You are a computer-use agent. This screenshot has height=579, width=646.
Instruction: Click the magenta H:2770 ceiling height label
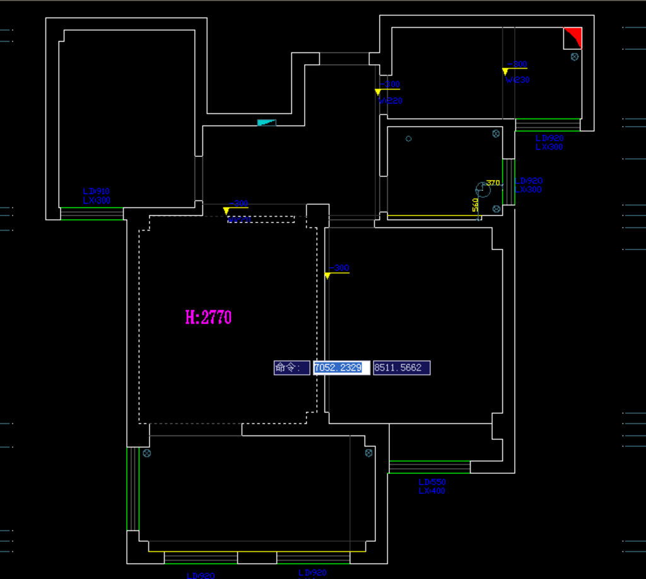click(x=208, y=317)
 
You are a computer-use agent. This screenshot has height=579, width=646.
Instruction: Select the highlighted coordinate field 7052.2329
click(x=341, y=368)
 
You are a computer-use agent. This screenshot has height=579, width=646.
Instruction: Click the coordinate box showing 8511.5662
click(x=401, y=368)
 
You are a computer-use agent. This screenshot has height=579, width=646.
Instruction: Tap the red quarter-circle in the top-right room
click(x=574, y=36)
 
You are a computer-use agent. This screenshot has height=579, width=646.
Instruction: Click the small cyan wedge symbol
click(x=267, y=122)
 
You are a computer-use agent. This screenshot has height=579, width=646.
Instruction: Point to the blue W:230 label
click(x=517, y=80)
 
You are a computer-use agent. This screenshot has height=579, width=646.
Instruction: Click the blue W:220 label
click(x=391, y=100)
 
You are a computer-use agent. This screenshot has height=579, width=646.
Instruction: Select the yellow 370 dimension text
click(x=493, y=183)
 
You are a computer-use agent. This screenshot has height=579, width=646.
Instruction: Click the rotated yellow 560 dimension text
click(x=476, y=205)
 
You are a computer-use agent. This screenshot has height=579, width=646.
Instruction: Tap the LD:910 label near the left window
click(x=96, y=191)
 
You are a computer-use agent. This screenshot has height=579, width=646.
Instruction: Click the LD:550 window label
click(x=432, y=482)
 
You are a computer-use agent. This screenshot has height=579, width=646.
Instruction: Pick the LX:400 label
click(x=432, y=491)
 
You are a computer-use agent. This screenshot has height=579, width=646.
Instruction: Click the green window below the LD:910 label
click(x=91, y=214)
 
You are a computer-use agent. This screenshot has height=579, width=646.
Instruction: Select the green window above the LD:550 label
click(x=429, y=467)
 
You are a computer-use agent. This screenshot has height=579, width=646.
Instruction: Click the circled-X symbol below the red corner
click(x=575, y=57)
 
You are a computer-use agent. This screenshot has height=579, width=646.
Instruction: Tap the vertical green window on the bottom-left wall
click(x=132, y=488)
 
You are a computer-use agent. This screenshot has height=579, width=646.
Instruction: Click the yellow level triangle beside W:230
click(x=506, y=72)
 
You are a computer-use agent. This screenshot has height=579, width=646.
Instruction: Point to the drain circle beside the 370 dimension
click(x=483, y=189)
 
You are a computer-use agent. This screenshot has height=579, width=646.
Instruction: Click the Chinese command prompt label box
click(x=291, y=368)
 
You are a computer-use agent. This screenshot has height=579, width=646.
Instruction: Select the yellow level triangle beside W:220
click(x=378, y=92)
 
